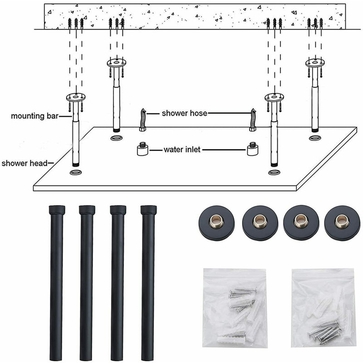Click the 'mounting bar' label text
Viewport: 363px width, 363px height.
[35, 116]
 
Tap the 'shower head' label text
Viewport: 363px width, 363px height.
[25, 163]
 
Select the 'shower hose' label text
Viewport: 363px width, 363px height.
[185, 113]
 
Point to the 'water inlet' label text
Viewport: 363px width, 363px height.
[182, 150]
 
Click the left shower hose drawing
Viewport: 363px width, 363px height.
[143, 120]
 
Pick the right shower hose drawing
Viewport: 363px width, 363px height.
[253, 120]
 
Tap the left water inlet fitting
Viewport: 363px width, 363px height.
[143, 149]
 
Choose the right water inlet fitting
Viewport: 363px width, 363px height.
[253, 149]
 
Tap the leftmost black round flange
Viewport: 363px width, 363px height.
[217, 223]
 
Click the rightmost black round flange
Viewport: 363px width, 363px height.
[342, 223]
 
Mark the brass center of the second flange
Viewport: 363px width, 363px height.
[260, 221]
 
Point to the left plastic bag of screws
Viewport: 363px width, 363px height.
[235, 308]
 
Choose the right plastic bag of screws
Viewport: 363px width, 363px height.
[323, 308]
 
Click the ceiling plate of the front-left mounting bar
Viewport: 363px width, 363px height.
[76, 97]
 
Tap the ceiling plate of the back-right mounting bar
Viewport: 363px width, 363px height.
[315, 63]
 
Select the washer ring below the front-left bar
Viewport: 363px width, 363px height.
[76, 172]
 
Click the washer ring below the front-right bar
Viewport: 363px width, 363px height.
[275, 172]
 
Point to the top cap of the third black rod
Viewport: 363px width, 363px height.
[118, 210]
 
